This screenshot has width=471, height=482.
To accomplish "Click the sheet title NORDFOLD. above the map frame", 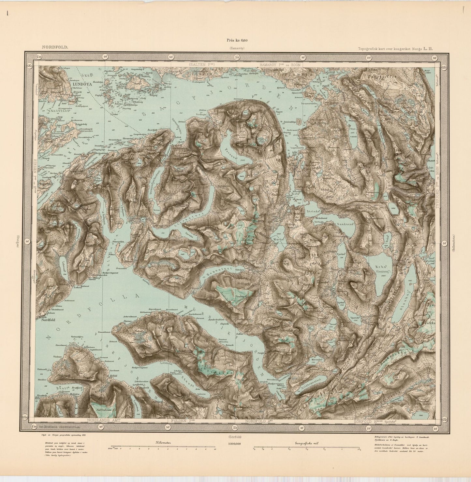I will [x=55, y=47].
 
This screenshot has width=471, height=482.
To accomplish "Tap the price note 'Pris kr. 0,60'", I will [x=237, y=40].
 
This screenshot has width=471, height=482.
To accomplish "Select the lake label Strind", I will [x=312, y=211].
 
